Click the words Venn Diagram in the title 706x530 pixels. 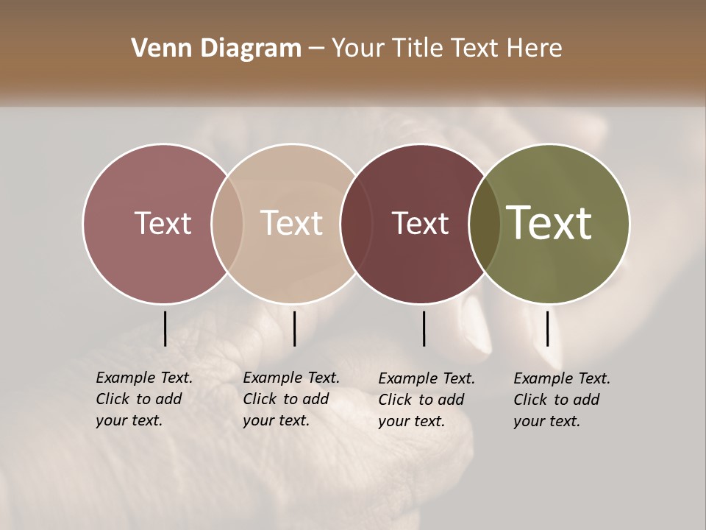tap(216, 49)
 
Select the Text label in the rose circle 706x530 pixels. tap(163, 223)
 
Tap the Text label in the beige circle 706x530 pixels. tap(292, 223)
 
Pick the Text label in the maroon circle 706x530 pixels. tap(420, 223)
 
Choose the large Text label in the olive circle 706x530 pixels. tap(549, 223)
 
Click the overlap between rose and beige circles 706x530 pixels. tap(227, 223)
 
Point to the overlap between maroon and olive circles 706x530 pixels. tap(485, 223)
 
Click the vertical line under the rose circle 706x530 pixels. tap(165, 328)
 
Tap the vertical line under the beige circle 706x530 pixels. tap(294, 328)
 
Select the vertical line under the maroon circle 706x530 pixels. tap(424, 328)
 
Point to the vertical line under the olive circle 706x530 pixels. tap(547, 328)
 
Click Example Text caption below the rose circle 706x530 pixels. tap(144, 378)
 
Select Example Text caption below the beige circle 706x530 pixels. tap(291, 378)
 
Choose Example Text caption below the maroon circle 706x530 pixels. tap(427, 378)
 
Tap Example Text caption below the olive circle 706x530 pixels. tap(562, 378)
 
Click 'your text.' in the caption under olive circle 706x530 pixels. tap(546, 421)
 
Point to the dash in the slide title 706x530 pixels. tap(316, 49)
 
